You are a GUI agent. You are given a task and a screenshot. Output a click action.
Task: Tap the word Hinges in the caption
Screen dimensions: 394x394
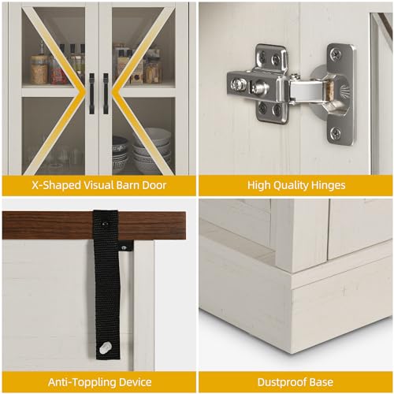tap(324, 186)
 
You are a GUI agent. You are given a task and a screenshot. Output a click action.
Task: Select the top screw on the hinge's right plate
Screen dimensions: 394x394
tap(336, 54)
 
